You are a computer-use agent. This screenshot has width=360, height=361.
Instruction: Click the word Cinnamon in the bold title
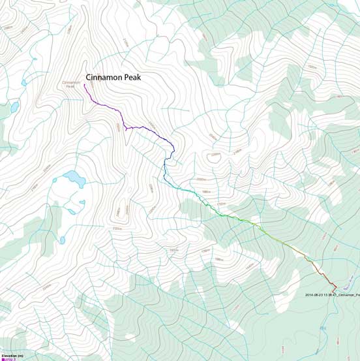pyautogui.click(x=106, y=76)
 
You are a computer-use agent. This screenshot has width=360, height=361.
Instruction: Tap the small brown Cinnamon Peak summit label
pyautogui.click(x=71, y=84)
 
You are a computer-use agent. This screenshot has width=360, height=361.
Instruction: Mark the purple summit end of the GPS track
pyautogui.click(x=85, y=86)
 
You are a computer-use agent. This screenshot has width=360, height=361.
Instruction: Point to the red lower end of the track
pyautogui.click(x=336, y=290)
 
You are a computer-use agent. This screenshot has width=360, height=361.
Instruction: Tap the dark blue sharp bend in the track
pyautogui.click(x=173, y=151)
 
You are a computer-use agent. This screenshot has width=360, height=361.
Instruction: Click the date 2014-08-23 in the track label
pyautogui.click(x=317, y=294)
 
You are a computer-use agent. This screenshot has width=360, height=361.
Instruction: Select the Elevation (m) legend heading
pyautogui.click(x=12, y=355)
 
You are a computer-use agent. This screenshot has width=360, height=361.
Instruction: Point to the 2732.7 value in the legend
pyautogui.click(x=10, y=359)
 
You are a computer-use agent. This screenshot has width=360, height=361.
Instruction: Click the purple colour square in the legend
pyautogui.click(x=3, y=359)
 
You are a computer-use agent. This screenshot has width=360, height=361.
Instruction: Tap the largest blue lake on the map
pyautogui.click(x=74, y=178)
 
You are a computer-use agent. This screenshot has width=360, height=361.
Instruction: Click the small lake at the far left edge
pyautogui.click(x=13, y=107)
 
